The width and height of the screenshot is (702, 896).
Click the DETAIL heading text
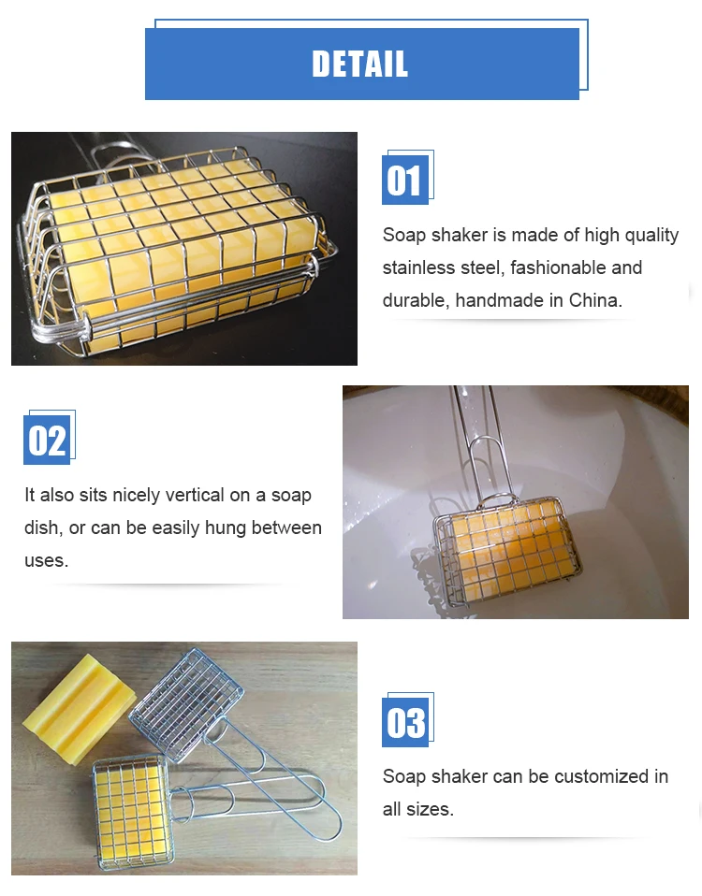click(360, 64)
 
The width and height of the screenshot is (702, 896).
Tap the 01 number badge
click(405, 180)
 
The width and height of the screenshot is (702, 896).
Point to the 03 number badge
click(405, 722)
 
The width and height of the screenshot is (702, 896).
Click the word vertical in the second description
click(195, 495)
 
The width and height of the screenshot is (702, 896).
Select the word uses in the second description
click(46, 560)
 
